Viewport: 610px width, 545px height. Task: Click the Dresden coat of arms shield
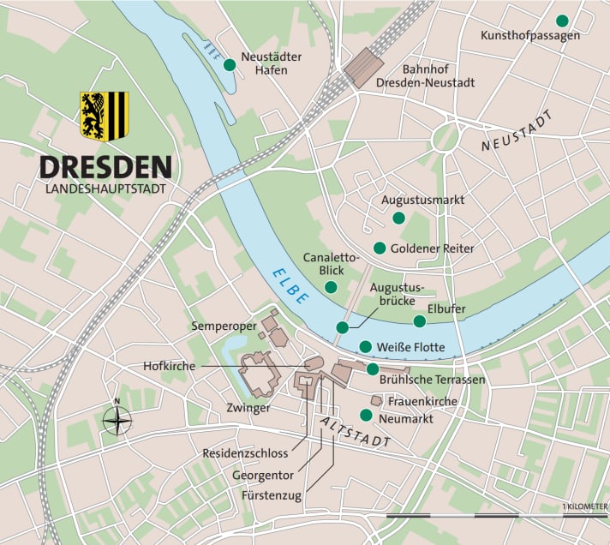(x=104, y=116)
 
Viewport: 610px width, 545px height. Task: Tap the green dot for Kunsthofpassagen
(x=562, y=21)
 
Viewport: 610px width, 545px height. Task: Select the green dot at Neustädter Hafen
(x=229, y=64)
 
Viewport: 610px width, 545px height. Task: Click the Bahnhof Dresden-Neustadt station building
(x=363, y=67)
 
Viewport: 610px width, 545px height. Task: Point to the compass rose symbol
(x=117, y=420)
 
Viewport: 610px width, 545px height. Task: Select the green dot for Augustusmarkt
(x=398, y=219)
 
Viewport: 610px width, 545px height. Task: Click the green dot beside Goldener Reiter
(x=380, y=248)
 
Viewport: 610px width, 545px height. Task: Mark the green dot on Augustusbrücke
(x=343, y=327)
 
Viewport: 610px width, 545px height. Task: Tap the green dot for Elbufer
(x=419, y=321)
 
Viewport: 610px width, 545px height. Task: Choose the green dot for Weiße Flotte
(x=366, y=347)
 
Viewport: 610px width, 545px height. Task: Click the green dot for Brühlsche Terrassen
(x=373, y=369)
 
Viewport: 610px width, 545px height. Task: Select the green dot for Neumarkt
(x=366, y=416)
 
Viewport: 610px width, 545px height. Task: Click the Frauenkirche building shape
(x=376, y=400)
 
